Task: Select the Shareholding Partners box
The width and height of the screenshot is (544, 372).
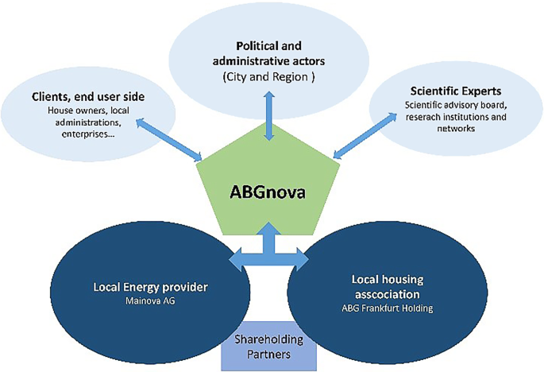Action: pos(269,348)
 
